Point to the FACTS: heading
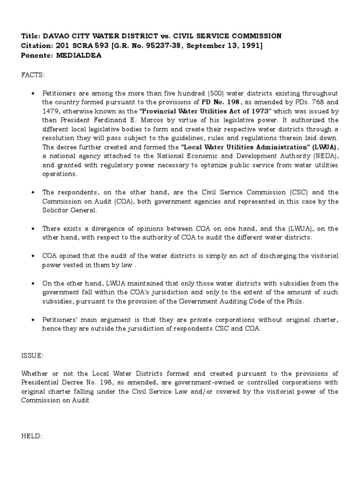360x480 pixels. coord(32,74)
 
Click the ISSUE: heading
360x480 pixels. coord(32,355)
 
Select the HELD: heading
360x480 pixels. coord(31,436)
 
